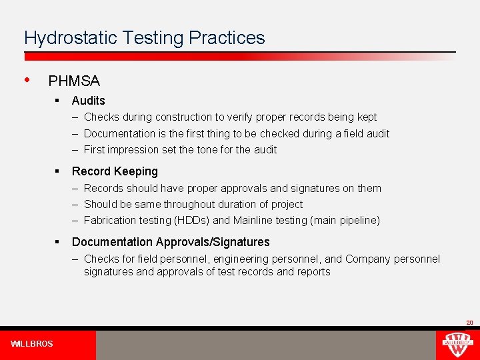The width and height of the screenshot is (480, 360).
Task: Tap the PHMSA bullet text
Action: point(74,81)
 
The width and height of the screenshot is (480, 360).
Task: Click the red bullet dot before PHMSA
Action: point(26,79)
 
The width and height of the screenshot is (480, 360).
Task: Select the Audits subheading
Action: point(89,101)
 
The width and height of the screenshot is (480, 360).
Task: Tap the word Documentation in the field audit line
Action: point(119,133)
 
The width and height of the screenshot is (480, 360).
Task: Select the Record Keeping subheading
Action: point(115,171)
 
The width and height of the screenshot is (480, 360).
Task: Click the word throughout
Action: point(193,204)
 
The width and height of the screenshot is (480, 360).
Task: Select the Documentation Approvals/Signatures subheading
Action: point(171,242)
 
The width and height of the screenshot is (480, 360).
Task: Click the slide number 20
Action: point(469,323)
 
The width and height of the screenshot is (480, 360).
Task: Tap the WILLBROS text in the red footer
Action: point(32,344)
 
